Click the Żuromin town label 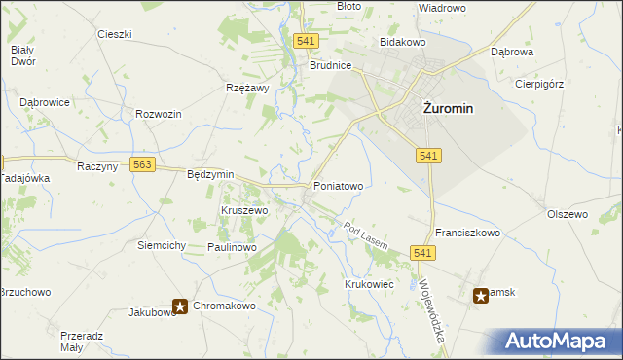448,108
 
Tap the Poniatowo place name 338,185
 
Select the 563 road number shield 142,165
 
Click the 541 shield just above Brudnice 306,41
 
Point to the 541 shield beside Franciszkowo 421,253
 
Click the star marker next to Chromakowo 180,306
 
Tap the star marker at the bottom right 481,296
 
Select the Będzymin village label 210,174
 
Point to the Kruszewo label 243,210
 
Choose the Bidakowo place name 403,44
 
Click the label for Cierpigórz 539,84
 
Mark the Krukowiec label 368,284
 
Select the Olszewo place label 568,214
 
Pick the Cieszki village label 114,34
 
